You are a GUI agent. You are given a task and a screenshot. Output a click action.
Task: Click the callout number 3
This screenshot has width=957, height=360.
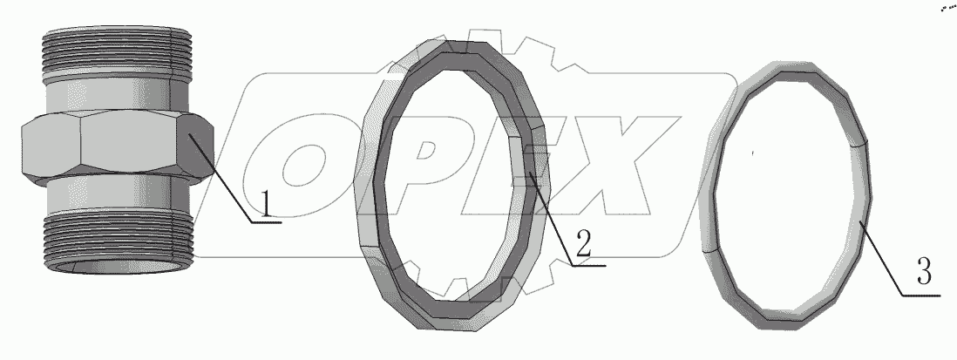coord(924,272)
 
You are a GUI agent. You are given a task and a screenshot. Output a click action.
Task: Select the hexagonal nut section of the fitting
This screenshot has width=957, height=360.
coord(117,147)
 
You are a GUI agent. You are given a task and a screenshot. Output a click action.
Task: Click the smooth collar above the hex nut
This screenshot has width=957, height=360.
coord(116,95)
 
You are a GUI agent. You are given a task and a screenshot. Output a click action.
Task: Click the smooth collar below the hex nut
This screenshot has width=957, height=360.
coord(116,194)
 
